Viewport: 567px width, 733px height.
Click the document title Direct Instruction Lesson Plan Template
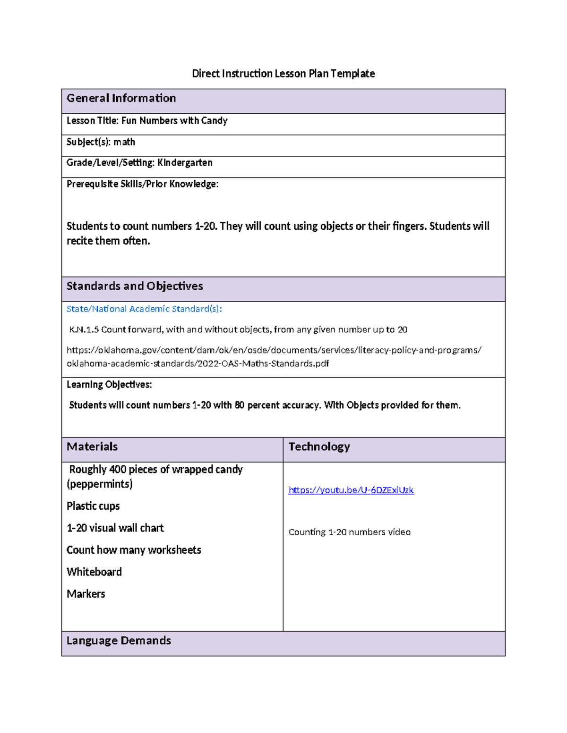point(283,74)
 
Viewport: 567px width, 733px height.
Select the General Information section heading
point(121,98)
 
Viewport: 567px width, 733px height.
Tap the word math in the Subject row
point(124,142)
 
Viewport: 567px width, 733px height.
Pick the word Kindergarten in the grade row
point(185,163)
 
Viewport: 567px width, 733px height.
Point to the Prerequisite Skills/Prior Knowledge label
point(142,184)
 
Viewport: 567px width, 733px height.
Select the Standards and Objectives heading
point(135,286)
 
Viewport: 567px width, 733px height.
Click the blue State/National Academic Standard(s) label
point(144,309)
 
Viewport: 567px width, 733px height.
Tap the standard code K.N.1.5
point(84,330)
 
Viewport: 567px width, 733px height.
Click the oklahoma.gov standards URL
point(274,357)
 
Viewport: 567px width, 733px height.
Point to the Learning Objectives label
point(109,385)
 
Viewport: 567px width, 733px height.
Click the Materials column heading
point(92,447)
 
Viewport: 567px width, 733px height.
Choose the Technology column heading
point(319,447)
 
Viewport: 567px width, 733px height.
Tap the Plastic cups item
point(93,506)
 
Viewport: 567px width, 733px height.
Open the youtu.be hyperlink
point(351,490)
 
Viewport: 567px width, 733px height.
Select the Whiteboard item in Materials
point(94,572)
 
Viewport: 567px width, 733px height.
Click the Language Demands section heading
point(119,640)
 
